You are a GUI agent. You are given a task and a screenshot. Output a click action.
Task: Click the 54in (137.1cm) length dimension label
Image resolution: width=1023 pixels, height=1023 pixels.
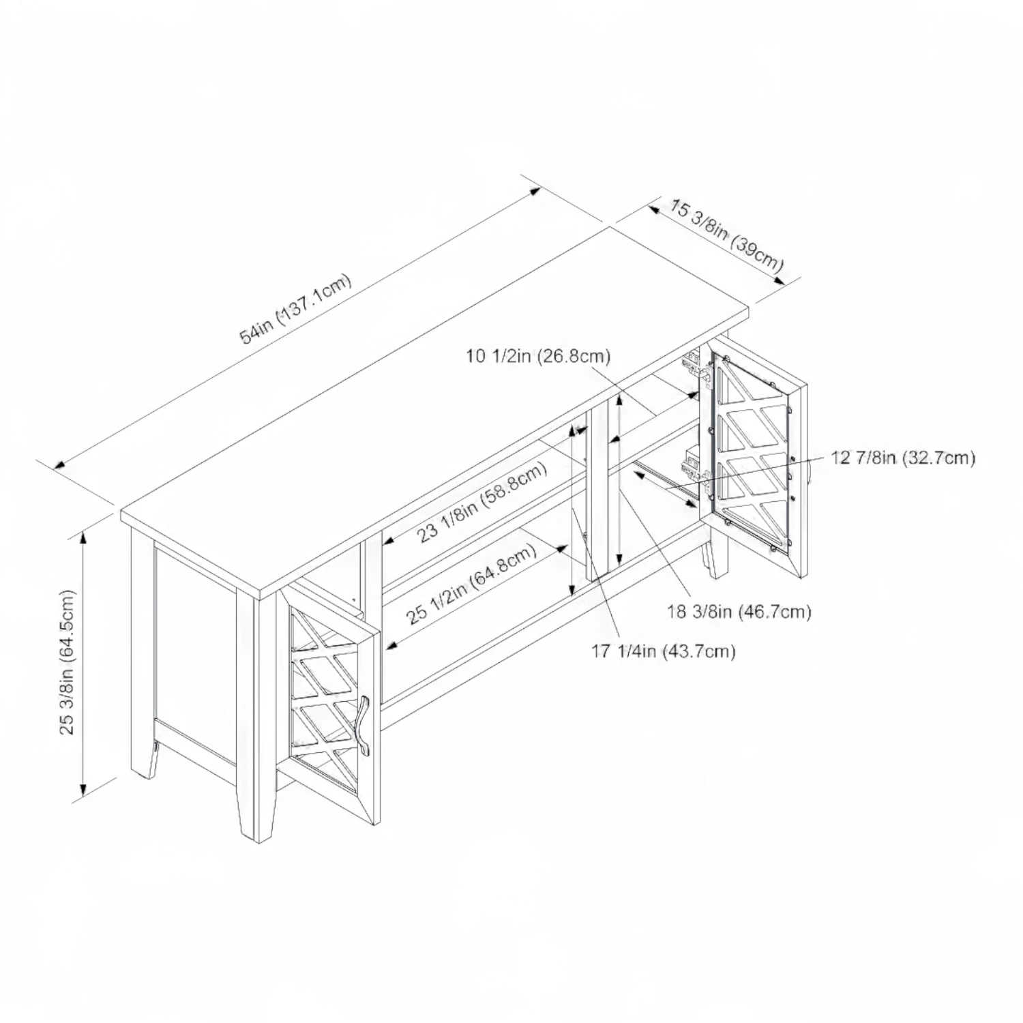coord(296,308)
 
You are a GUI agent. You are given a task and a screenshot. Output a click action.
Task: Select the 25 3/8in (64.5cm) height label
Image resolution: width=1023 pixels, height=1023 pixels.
coord(67,662)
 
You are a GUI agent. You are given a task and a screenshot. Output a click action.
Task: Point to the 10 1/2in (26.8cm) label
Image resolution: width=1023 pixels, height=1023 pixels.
coord(538,355)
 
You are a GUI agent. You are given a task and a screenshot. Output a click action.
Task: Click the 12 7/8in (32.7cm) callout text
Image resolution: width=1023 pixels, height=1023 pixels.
coord(903,458)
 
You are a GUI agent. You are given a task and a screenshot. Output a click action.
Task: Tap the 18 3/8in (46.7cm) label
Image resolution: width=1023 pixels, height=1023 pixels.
coord(739,612)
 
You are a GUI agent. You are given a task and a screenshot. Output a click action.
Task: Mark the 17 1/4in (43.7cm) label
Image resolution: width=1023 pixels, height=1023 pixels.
coord(664,651)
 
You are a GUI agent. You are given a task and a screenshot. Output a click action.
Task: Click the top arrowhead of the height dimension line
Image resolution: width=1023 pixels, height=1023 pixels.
coord(83,537)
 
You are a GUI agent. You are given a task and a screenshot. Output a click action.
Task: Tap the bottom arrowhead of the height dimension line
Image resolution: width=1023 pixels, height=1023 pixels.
coord(83,790)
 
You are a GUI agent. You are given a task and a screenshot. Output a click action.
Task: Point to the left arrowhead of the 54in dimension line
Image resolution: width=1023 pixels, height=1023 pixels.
coord(60,466)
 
